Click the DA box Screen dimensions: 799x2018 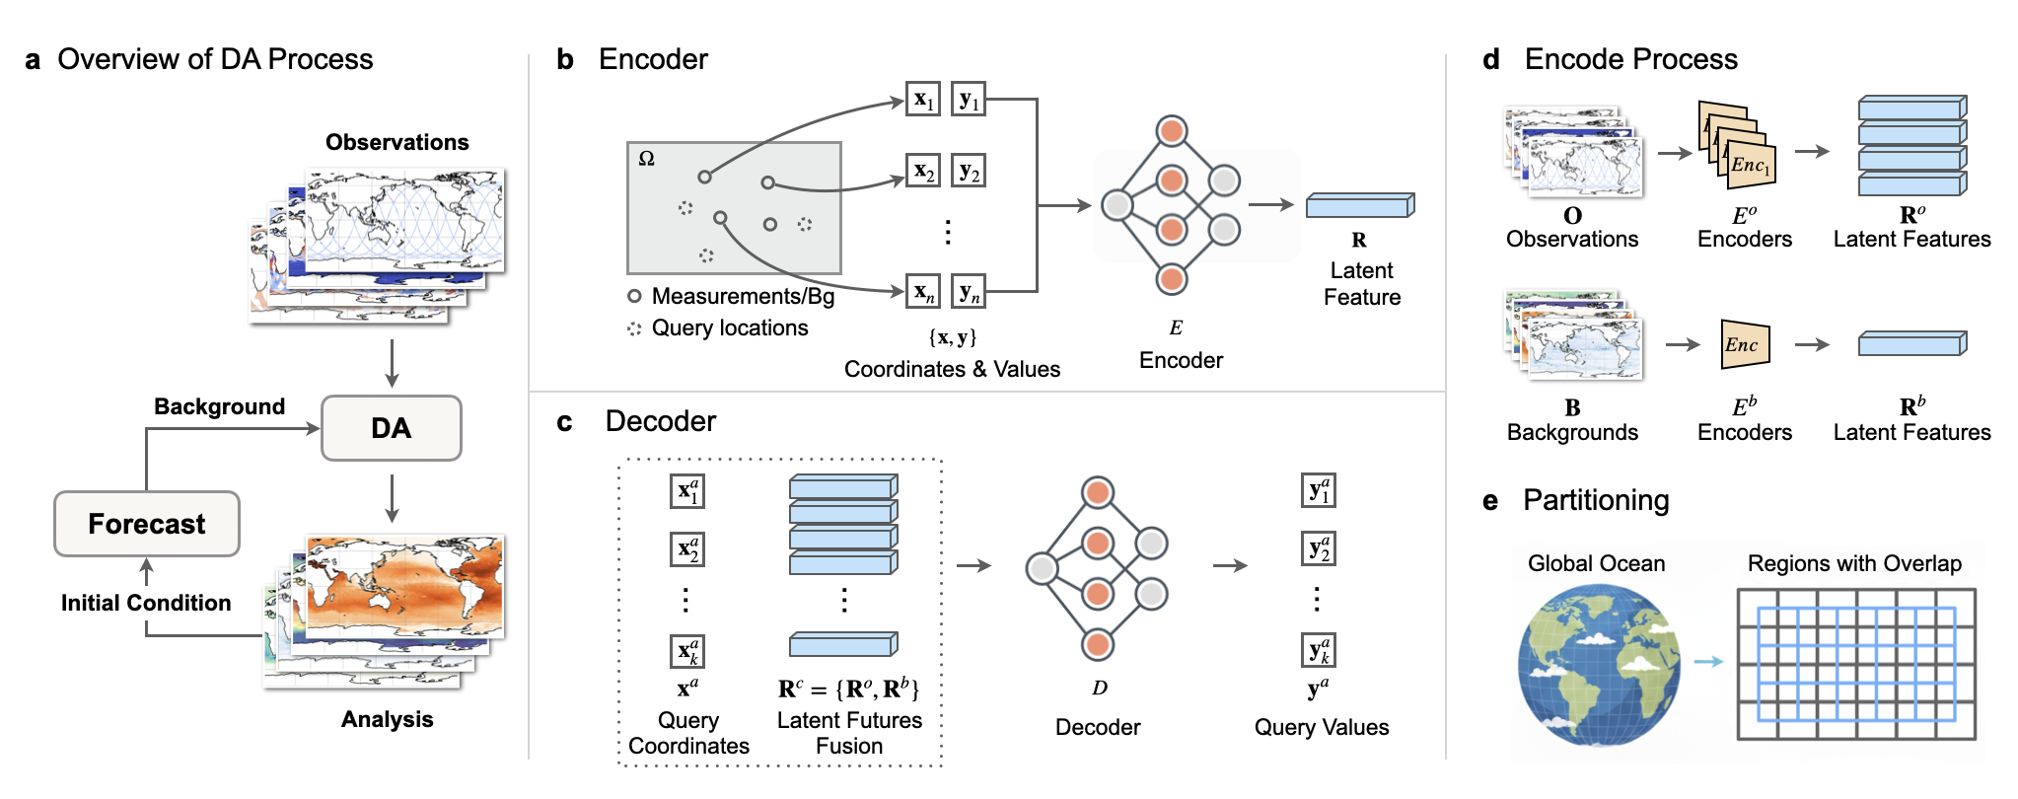click(392, 428)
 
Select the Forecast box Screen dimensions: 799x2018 click(147, 524)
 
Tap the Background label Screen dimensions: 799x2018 click(219, 406)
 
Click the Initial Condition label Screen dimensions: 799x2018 click(146, 603)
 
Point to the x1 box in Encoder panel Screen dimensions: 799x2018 click(923, 100)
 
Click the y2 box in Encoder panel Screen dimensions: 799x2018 click(969, 172)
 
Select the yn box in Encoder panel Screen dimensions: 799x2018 click(969, 292)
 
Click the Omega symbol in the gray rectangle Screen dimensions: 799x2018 click(647, 159)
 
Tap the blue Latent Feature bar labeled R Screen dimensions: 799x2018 click(1360, 205)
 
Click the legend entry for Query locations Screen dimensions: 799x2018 click(729, 328)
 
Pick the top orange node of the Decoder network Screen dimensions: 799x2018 click(1098, 492)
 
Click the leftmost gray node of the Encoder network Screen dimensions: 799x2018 click(1117, 205)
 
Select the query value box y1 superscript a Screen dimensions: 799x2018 click(1319, 490)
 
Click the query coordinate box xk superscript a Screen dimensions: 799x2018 click(687, 651)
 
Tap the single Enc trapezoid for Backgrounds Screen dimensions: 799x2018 click(1744, 344)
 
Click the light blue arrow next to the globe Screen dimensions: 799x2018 click(1708, 662)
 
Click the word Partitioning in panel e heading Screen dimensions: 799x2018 click(1595, 500)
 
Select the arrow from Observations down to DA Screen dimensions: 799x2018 click(392, 363)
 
